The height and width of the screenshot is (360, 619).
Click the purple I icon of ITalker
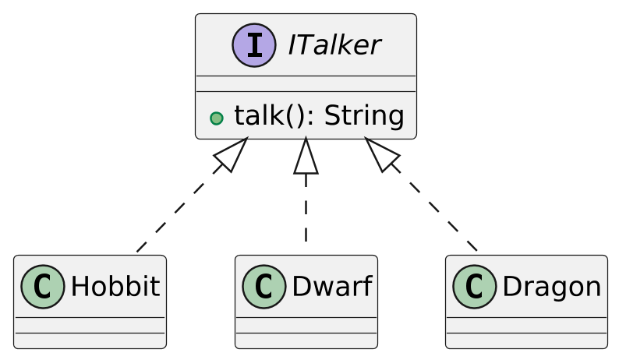click(253, 45)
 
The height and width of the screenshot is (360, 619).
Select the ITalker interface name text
click(334, 46)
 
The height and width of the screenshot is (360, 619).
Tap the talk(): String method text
click(318, 116)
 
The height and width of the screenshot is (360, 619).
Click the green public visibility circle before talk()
click(217, 118)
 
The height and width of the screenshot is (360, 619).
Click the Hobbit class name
click(115, 287)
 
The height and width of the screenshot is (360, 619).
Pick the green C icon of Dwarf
click(264, 287)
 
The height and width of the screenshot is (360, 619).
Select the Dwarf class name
click(331, 287)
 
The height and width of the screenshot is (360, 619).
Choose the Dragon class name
click(551, 287)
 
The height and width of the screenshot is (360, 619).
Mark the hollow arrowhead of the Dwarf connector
click(306, 156)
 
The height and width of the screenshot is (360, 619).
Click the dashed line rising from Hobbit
click(179, 210)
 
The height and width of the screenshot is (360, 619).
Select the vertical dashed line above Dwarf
click(306, 210)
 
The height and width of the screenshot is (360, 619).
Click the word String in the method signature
click(363, 116)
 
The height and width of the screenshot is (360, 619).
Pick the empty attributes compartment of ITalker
click(306, 83)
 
